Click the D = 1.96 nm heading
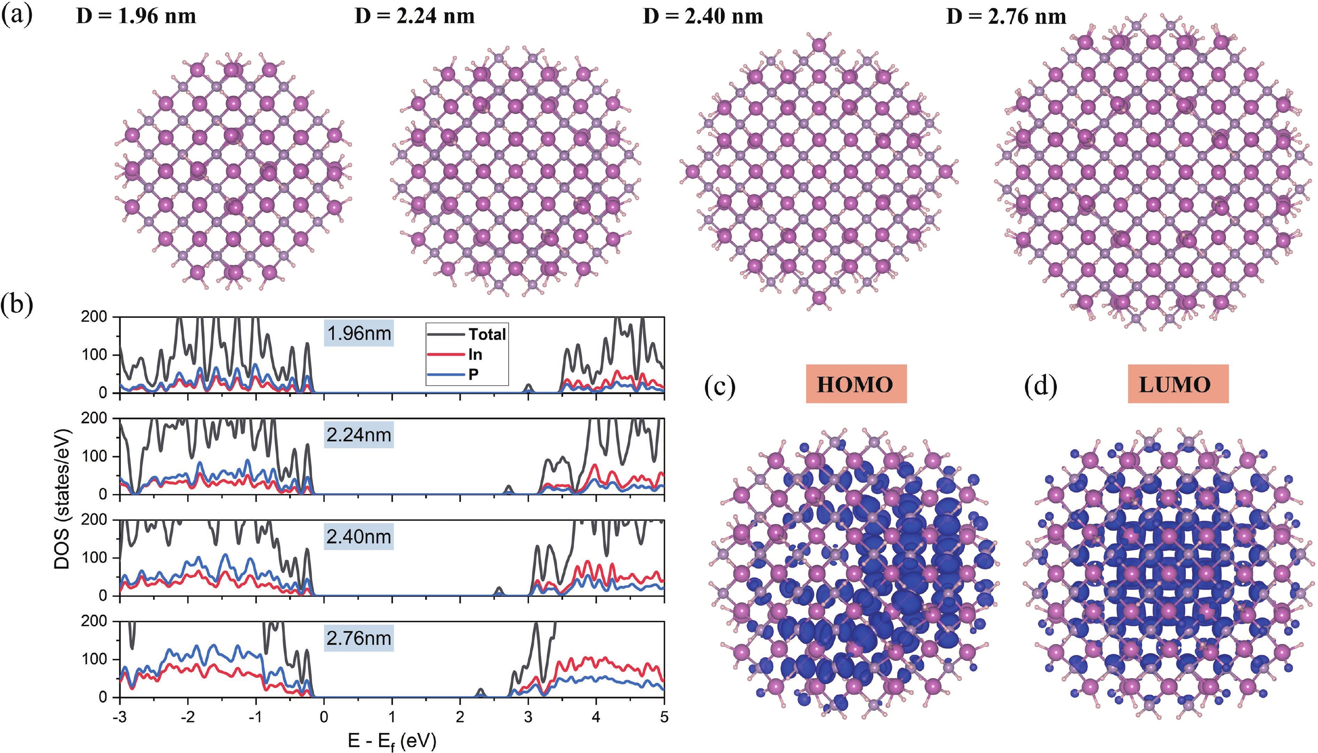coord(136,17)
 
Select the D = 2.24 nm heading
coord(414,17)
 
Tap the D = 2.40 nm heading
coord(703,17)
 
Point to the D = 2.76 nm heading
coord(1006,17)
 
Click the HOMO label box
coord(856,384)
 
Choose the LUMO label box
coord(1178,384)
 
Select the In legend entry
coord(455,354)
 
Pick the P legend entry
coord(453,374)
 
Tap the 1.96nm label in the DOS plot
coord(359,333)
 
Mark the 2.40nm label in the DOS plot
coord(359,537)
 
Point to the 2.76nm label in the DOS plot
coord(359,638)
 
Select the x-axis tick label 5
coord(664,717)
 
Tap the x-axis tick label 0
coord(324,717)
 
